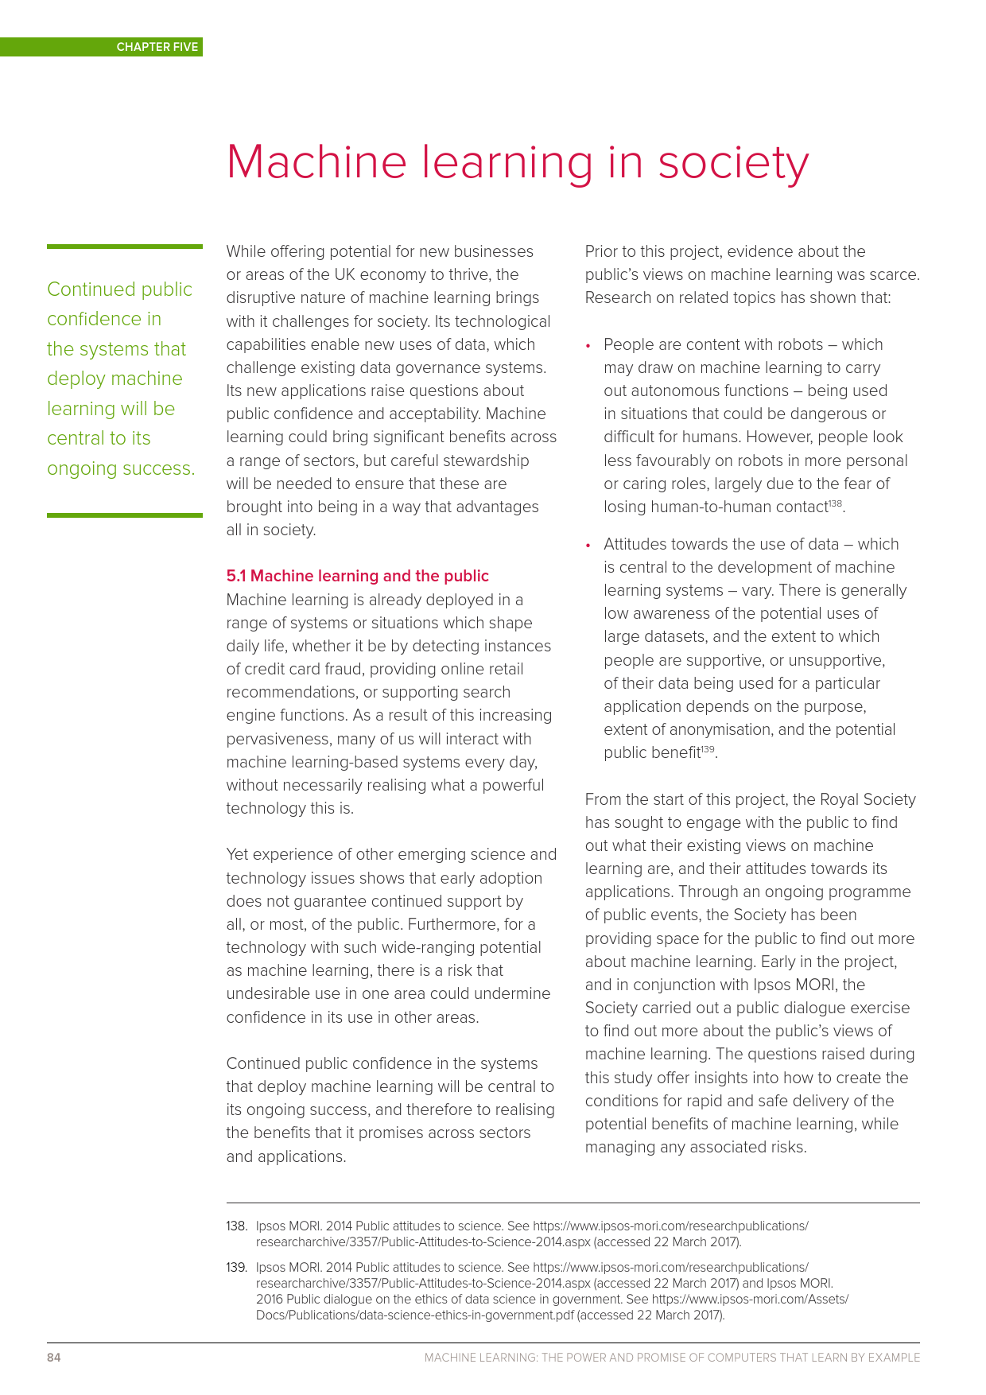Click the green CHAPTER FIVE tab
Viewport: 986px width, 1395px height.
point(157,47)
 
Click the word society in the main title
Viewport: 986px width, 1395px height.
point(732,163)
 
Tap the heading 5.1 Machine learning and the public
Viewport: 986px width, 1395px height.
point(357,576)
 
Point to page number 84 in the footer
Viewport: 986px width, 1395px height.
point(54,1358)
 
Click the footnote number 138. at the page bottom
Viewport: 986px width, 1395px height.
point(237,1226)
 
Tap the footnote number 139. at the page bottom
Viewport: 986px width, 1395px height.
point(237,1267)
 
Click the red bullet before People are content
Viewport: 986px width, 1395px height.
point(588,346)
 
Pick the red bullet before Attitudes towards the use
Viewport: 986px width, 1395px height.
point(588,546)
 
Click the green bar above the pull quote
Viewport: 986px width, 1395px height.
point(125,247)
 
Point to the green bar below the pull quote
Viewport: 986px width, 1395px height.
point(125,515)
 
